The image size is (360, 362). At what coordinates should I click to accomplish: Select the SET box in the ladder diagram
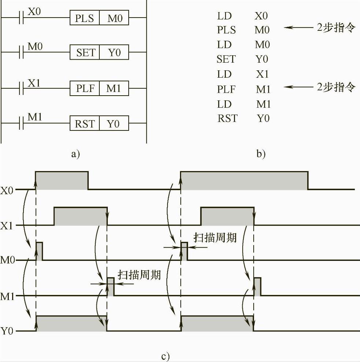[x=85, y=53]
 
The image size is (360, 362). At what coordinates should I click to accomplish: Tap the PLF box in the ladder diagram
[x=85, y=89]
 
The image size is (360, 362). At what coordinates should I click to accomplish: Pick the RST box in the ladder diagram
[x=85, y=124]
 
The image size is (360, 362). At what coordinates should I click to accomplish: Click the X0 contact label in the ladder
[x=34, y=11]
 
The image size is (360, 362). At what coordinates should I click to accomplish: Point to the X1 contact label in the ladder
[x=34, y=83]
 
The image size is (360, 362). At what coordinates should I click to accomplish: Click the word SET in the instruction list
[x=226, y=59]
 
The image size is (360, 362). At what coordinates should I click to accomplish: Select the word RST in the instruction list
[x=227, y=119]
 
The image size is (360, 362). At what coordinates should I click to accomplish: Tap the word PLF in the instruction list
[x=227, y=89]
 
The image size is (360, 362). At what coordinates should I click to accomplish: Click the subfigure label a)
[x=75, y=154]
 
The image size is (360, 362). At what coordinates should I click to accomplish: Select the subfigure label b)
[x=261, y=154]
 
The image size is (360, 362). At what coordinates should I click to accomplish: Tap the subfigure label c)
[x=165, y=356]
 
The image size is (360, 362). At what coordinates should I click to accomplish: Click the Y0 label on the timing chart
[x=8, y=331]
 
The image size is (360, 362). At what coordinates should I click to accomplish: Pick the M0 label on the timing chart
[x=8, y=260]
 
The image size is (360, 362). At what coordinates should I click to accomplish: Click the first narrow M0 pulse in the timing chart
[x=39, y=251]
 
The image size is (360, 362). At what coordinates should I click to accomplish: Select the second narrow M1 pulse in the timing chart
[x=257, y=287]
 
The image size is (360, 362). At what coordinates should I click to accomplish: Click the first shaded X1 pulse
[x=80, y=216]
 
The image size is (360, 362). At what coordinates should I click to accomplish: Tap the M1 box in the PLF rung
[x=114, y=89]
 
